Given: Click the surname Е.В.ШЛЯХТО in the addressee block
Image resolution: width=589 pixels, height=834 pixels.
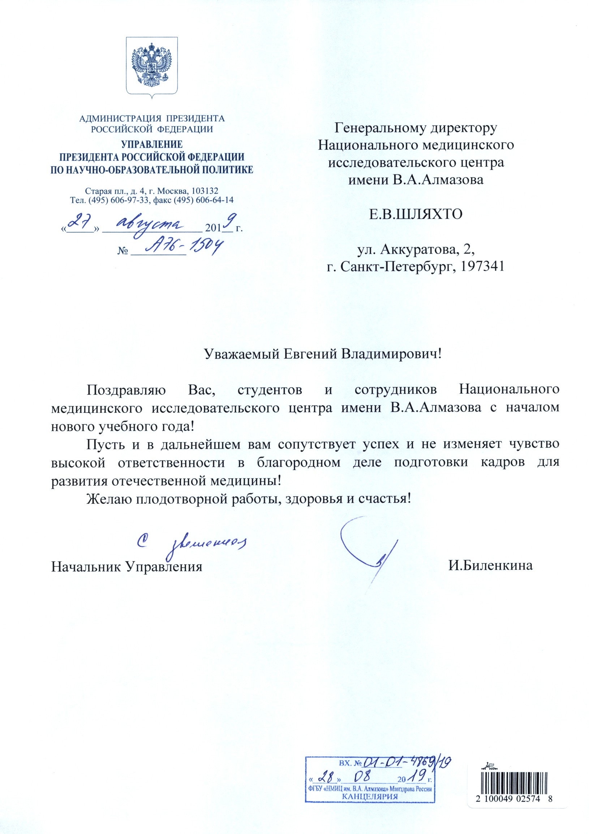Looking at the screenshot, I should pyautogui.click(x=416, y=214).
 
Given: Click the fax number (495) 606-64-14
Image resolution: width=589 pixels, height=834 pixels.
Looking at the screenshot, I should pyautogui.click(x=214, y=200).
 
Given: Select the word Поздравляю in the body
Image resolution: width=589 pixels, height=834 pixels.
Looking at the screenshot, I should pyautogui.click(x=126, y=390).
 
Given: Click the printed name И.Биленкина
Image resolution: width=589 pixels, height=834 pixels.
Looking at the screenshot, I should pyautogui.click(x=490, y=566).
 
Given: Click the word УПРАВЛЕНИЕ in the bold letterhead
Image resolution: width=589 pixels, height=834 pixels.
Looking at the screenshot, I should pyautogui.click(x=151, y=144).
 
